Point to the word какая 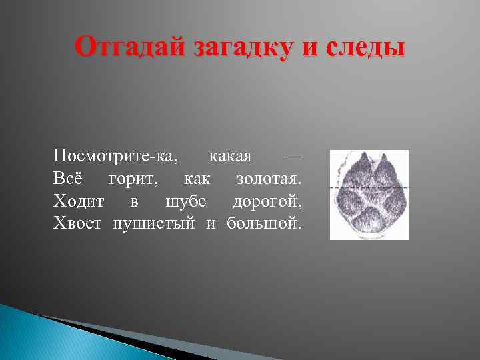click(230, 157)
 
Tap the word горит click(133, 179)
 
